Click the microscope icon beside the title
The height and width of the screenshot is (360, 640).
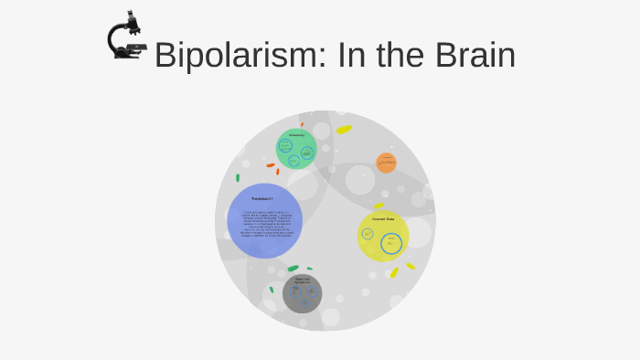pos(126,37)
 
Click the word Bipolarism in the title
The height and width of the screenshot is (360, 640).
pos(233,56)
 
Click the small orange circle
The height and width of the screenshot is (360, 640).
pos(387,163)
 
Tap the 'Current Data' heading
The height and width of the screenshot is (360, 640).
pos(383,219)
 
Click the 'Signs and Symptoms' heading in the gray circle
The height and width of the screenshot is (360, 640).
pos(302,281)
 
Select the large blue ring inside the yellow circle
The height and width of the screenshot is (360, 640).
pos(391,244)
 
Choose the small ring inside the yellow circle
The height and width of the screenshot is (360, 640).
pos(368,234)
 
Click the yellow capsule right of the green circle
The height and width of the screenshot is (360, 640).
pos(344,130)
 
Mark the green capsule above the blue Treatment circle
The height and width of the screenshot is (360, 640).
pos(238,177)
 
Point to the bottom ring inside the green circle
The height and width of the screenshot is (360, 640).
pos(293,161)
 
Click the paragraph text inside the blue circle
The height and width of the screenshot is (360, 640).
pos(264,223)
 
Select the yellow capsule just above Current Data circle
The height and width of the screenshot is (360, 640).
pos(379,206)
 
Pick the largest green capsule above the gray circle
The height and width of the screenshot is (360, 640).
pos(293,269)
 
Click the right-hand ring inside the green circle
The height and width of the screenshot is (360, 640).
pos(307,153)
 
